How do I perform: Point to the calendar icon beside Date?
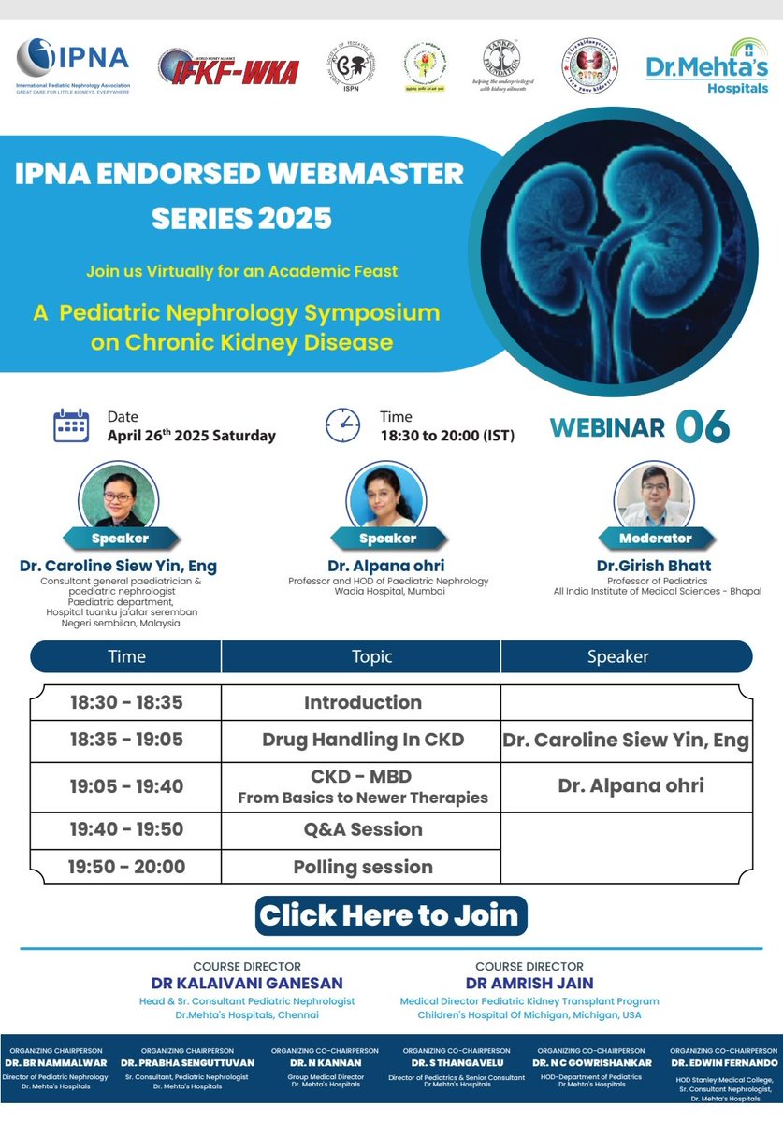click(71, 425)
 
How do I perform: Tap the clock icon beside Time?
click(342, 425)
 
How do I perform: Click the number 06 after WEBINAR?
click(702, 426)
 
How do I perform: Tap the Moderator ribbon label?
click(655, 539)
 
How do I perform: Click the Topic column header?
click(371, 656)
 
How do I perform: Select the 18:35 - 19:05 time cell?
click(126, 741)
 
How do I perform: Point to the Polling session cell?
click(363, 867)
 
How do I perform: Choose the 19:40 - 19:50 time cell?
click(126, 829)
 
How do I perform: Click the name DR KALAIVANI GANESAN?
click(247, 984)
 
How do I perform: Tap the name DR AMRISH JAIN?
click(529, 984)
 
